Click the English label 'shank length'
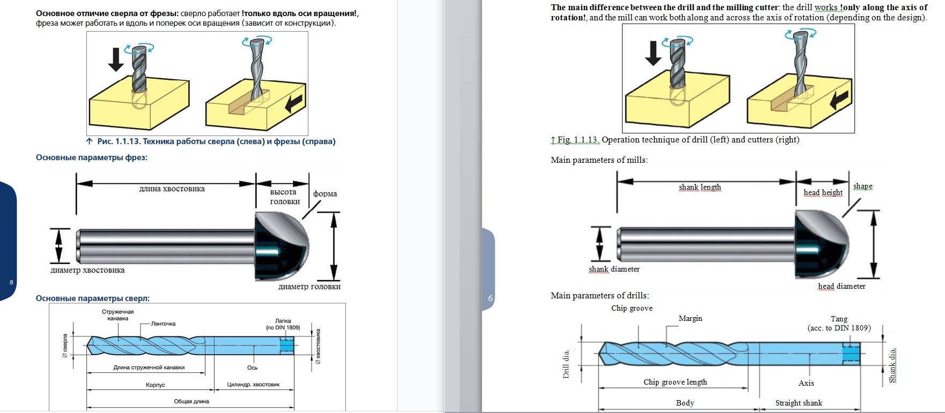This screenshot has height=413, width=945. click(x=700, y=187)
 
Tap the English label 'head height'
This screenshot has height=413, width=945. click(x=823, y=192)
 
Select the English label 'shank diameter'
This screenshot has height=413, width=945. click(x=614, y=269)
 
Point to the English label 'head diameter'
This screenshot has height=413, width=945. click(x=841, y=286)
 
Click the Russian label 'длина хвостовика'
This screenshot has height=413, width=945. click(x=172, y=189)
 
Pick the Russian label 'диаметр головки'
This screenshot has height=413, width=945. click(x=309, y=287)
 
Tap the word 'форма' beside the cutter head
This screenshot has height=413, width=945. click(x=325, y=194)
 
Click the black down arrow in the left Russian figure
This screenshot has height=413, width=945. click(x=116, y=59)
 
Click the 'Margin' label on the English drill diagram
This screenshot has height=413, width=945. click(x=690, y=318)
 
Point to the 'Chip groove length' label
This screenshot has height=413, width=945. click(x=675, y=382)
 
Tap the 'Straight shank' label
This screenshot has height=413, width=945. click(x=799, y=403)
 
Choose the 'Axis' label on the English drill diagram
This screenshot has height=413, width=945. click(x=806, y=383)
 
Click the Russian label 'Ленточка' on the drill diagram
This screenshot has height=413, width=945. click(x=163, y=324)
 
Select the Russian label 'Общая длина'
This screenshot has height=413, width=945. click(x=191, y=401)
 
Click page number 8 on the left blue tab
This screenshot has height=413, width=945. click(x=11, y=282)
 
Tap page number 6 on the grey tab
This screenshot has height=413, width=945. click(x=490, y=298)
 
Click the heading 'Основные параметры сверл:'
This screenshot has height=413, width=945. click(x=93, y=298)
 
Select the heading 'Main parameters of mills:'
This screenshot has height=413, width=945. click(x=599, y=160)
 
